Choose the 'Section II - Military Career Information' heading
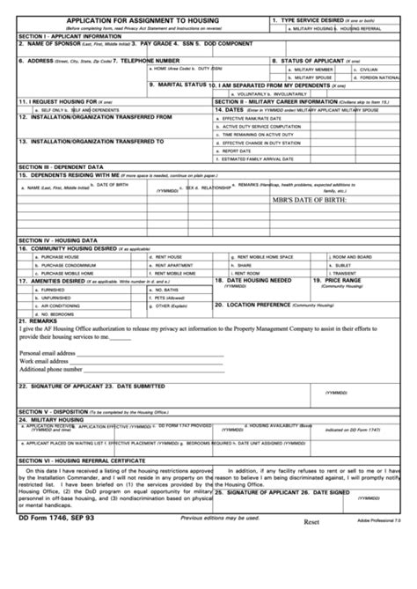(x=277, y=101)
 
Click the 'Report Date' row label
(x=238, y=151)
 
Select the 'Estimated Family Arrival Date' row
(x=258, y=158)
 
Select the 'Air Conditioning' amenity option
(x=54, y=305)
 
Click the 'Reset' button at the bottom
(x=311, y=522)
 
